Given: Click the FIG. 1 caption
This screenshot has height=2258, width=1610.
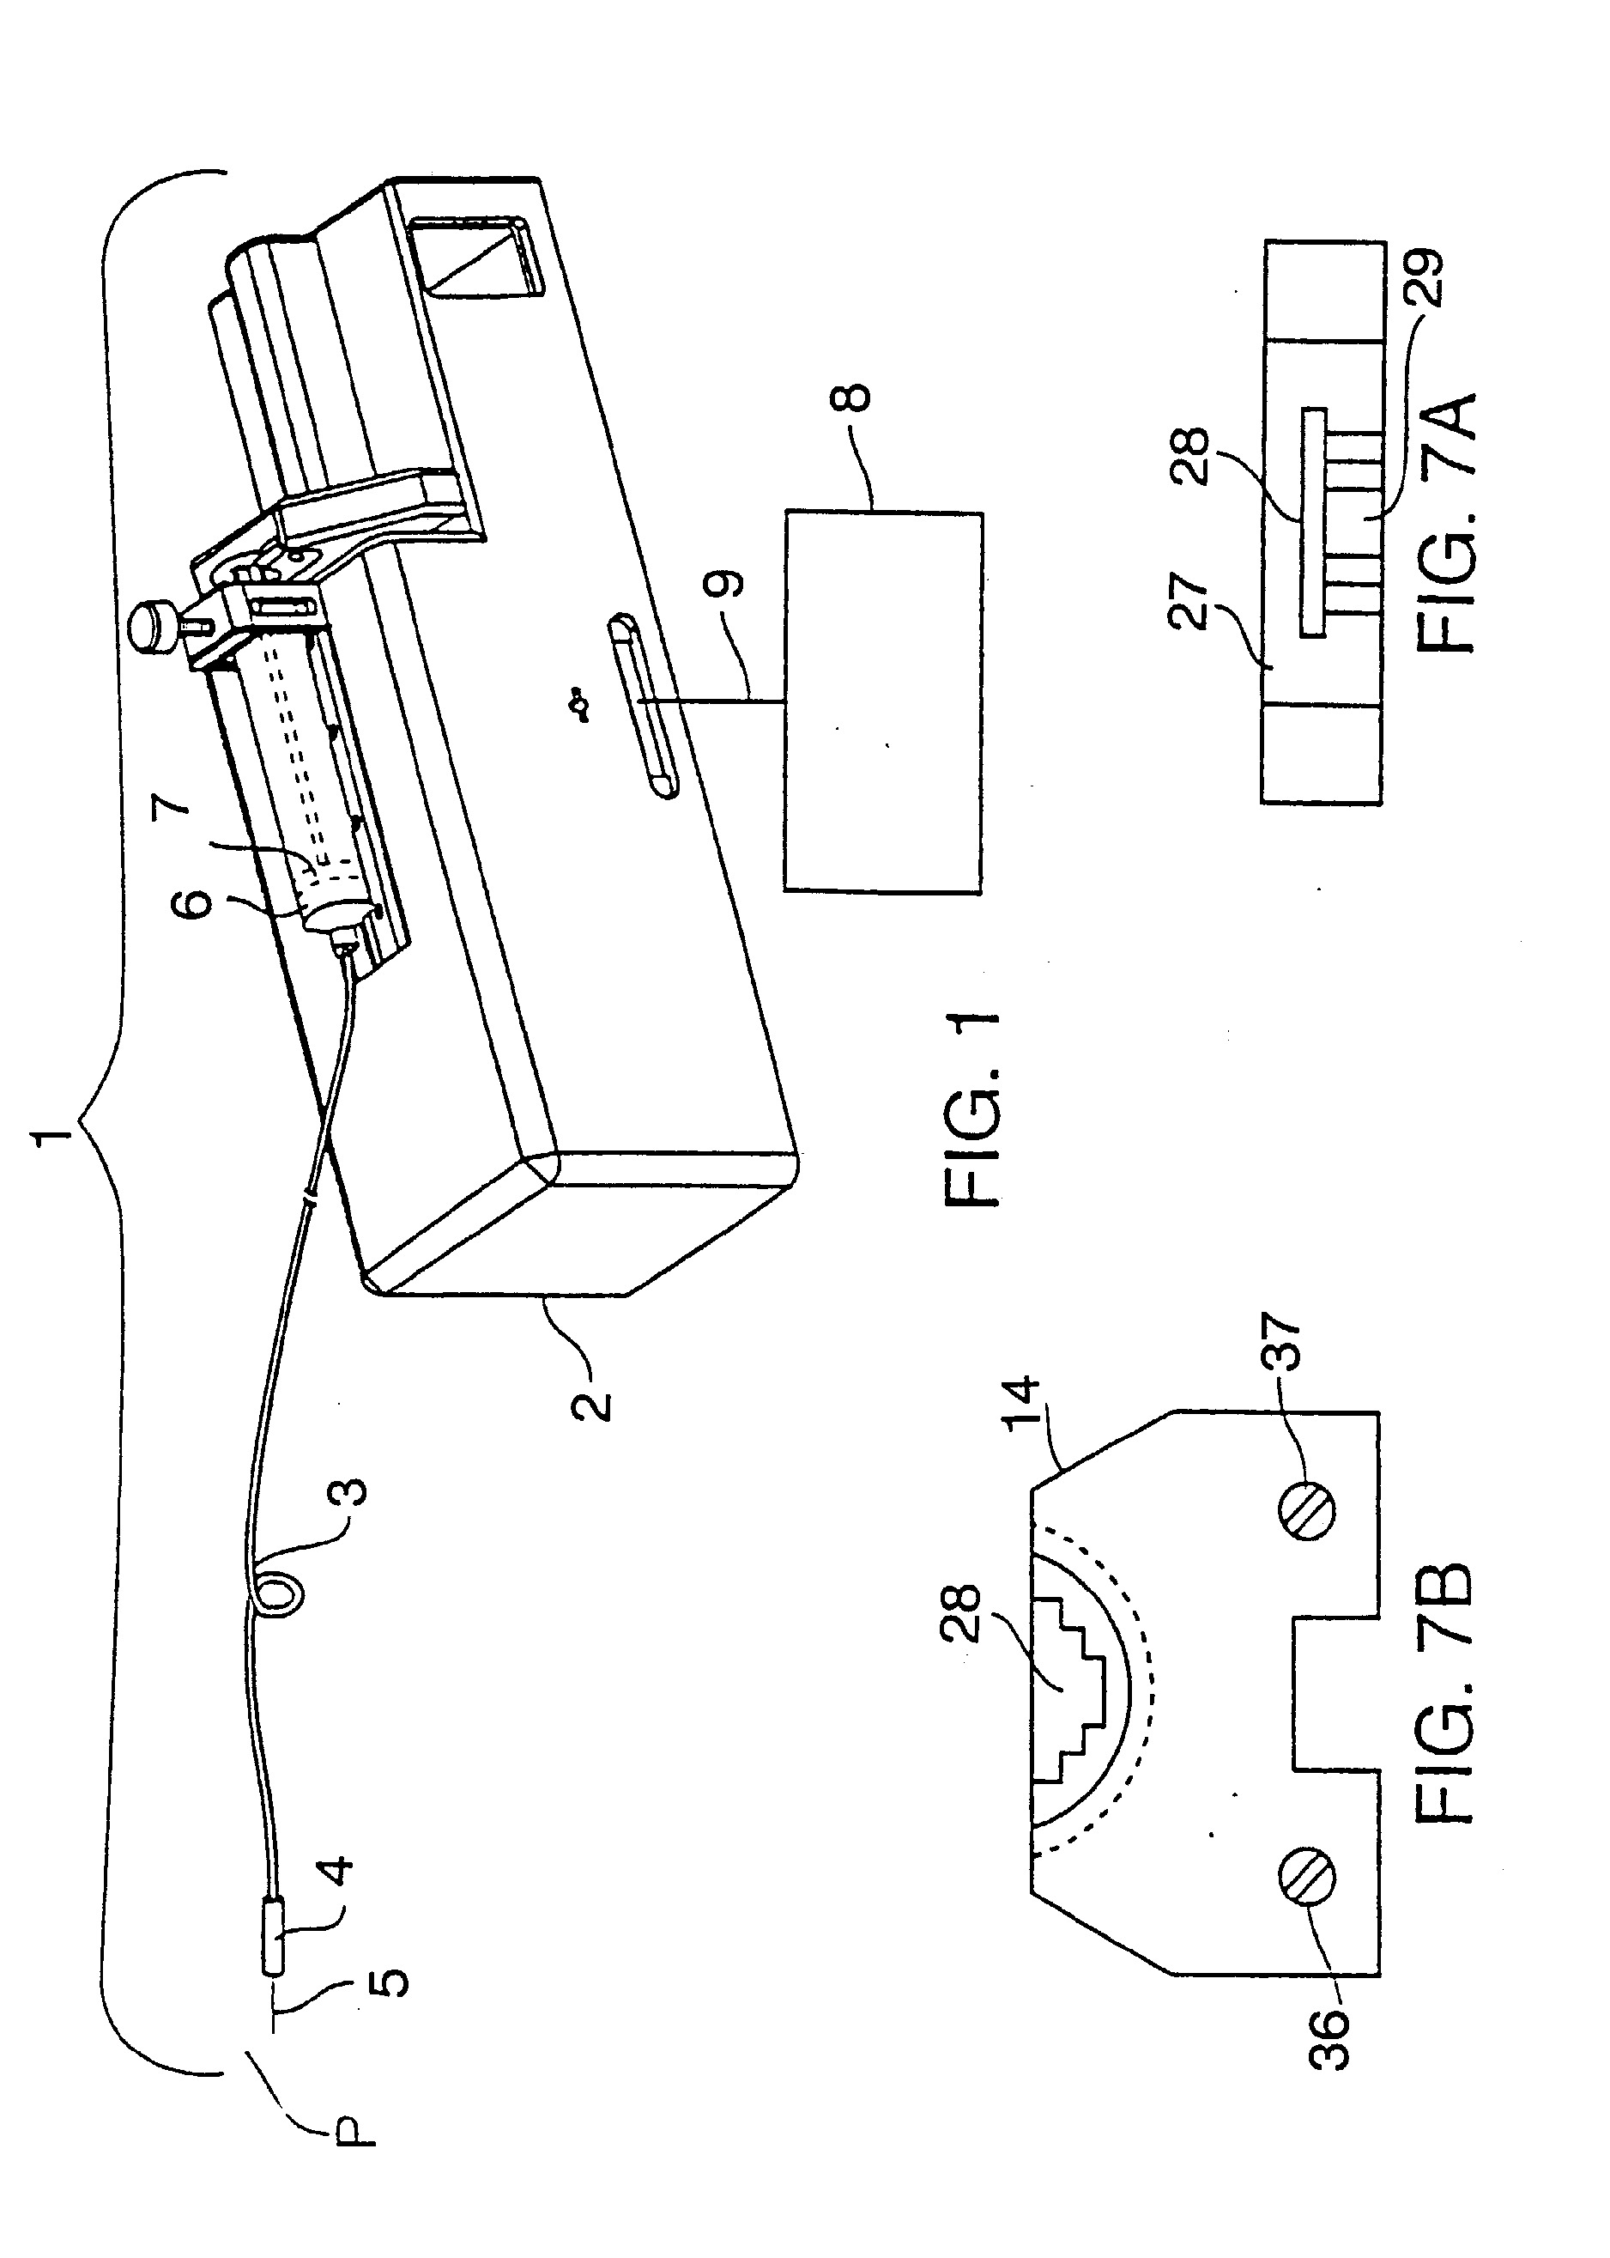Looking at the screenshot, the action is pos(973,1108).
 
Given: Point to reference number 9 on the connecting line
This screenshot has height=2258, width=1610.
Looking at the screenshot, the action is pos(724,583).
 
